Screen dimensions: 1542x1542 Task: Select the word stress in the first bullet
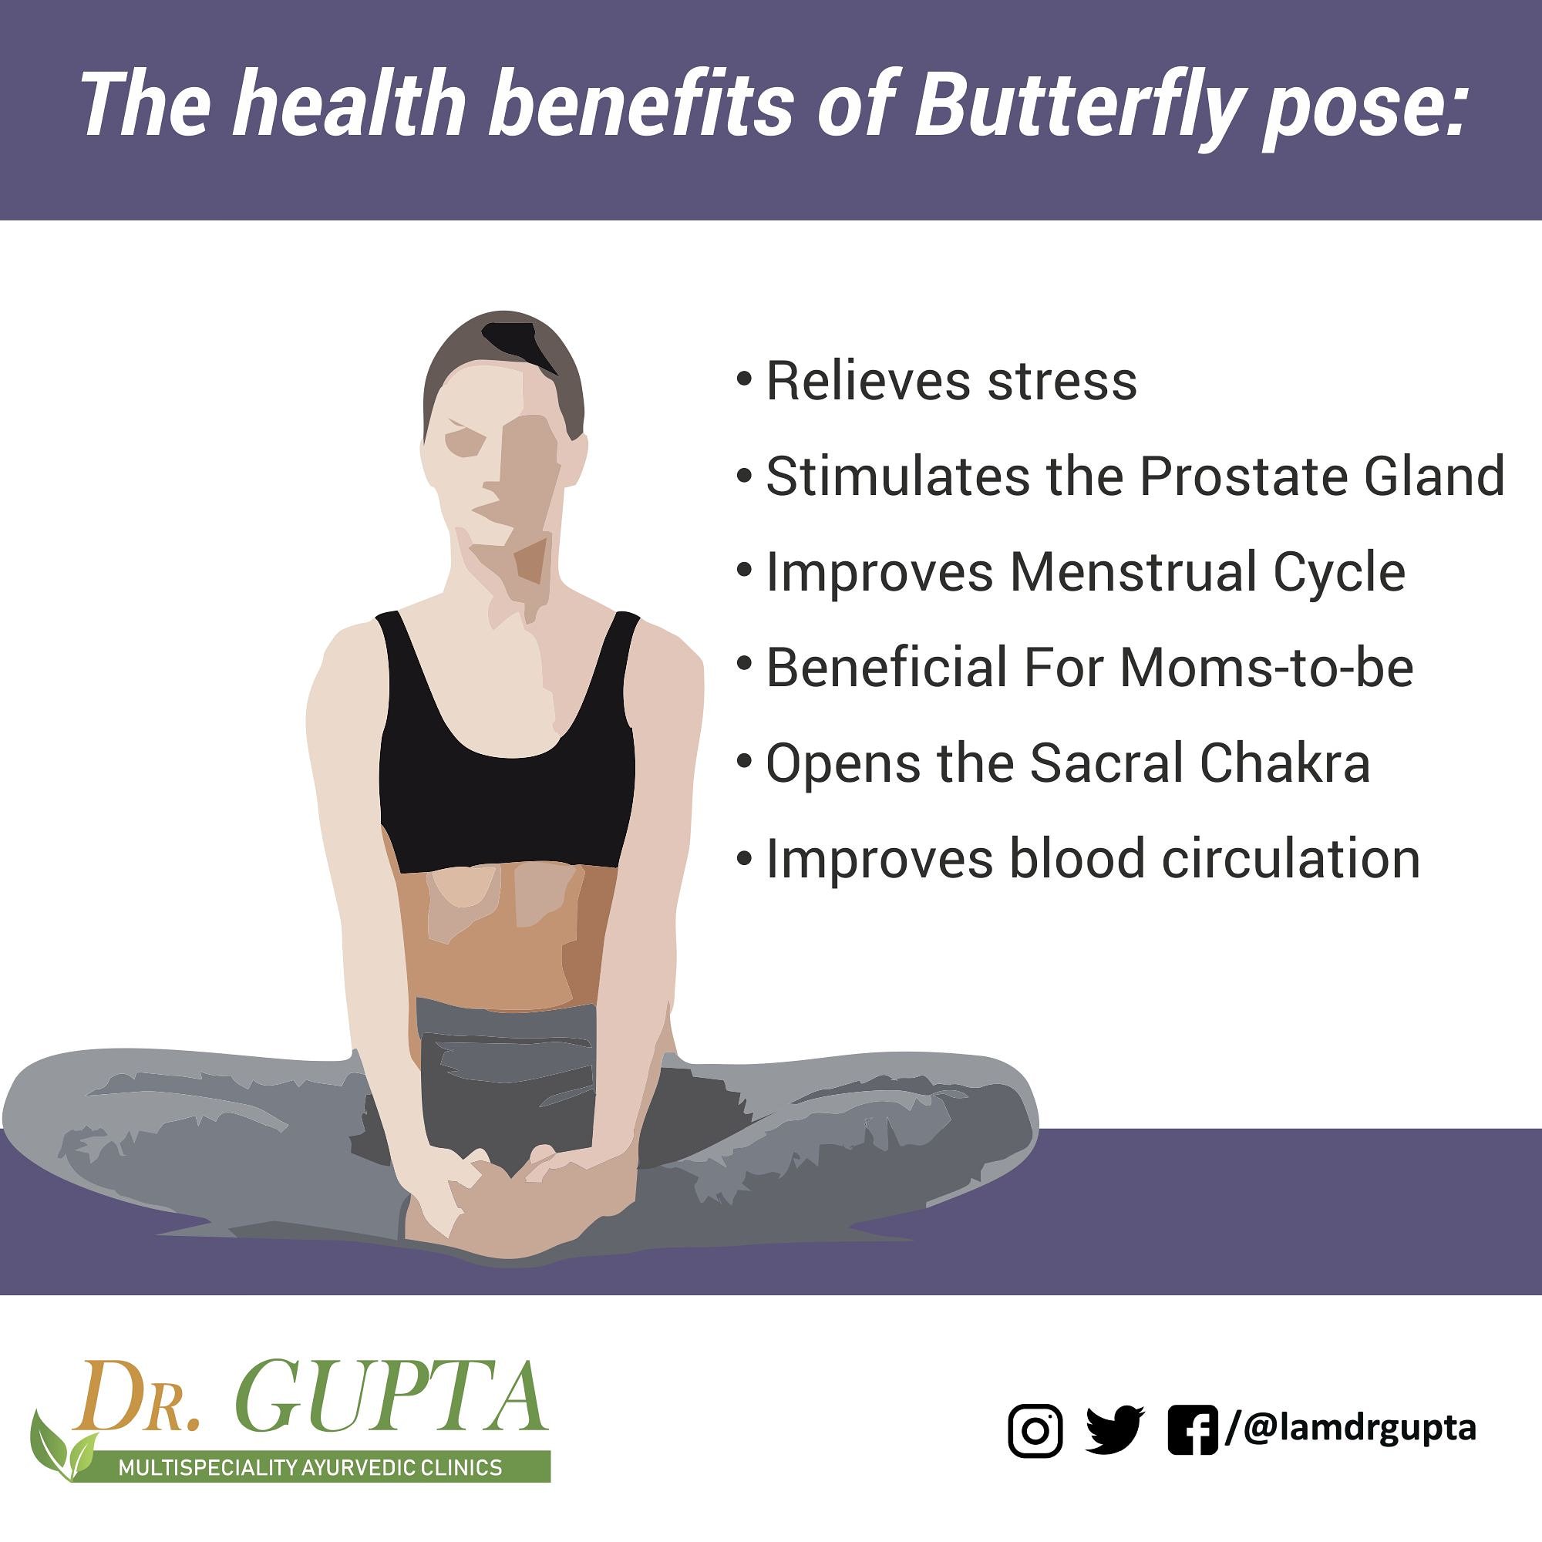pyautogui.click(x=1062, y=381)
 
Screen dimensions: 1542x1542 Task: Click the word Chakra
pyautogui.click(x=1285, y=764)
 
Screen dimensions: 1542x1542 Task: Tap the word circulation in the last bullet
pyautogui.click(x=1291, y=860)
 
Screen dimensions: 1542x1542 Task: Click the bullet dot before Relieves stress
pyautogui.click(x=744, y=378)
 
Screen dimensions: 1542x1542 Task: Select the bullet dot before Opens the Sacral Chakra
pyautogui.click(x=744, y=761)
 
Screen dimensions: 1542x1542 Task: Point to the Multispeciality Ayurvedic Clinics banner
pyautogui.click(x=311, y=1467)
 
